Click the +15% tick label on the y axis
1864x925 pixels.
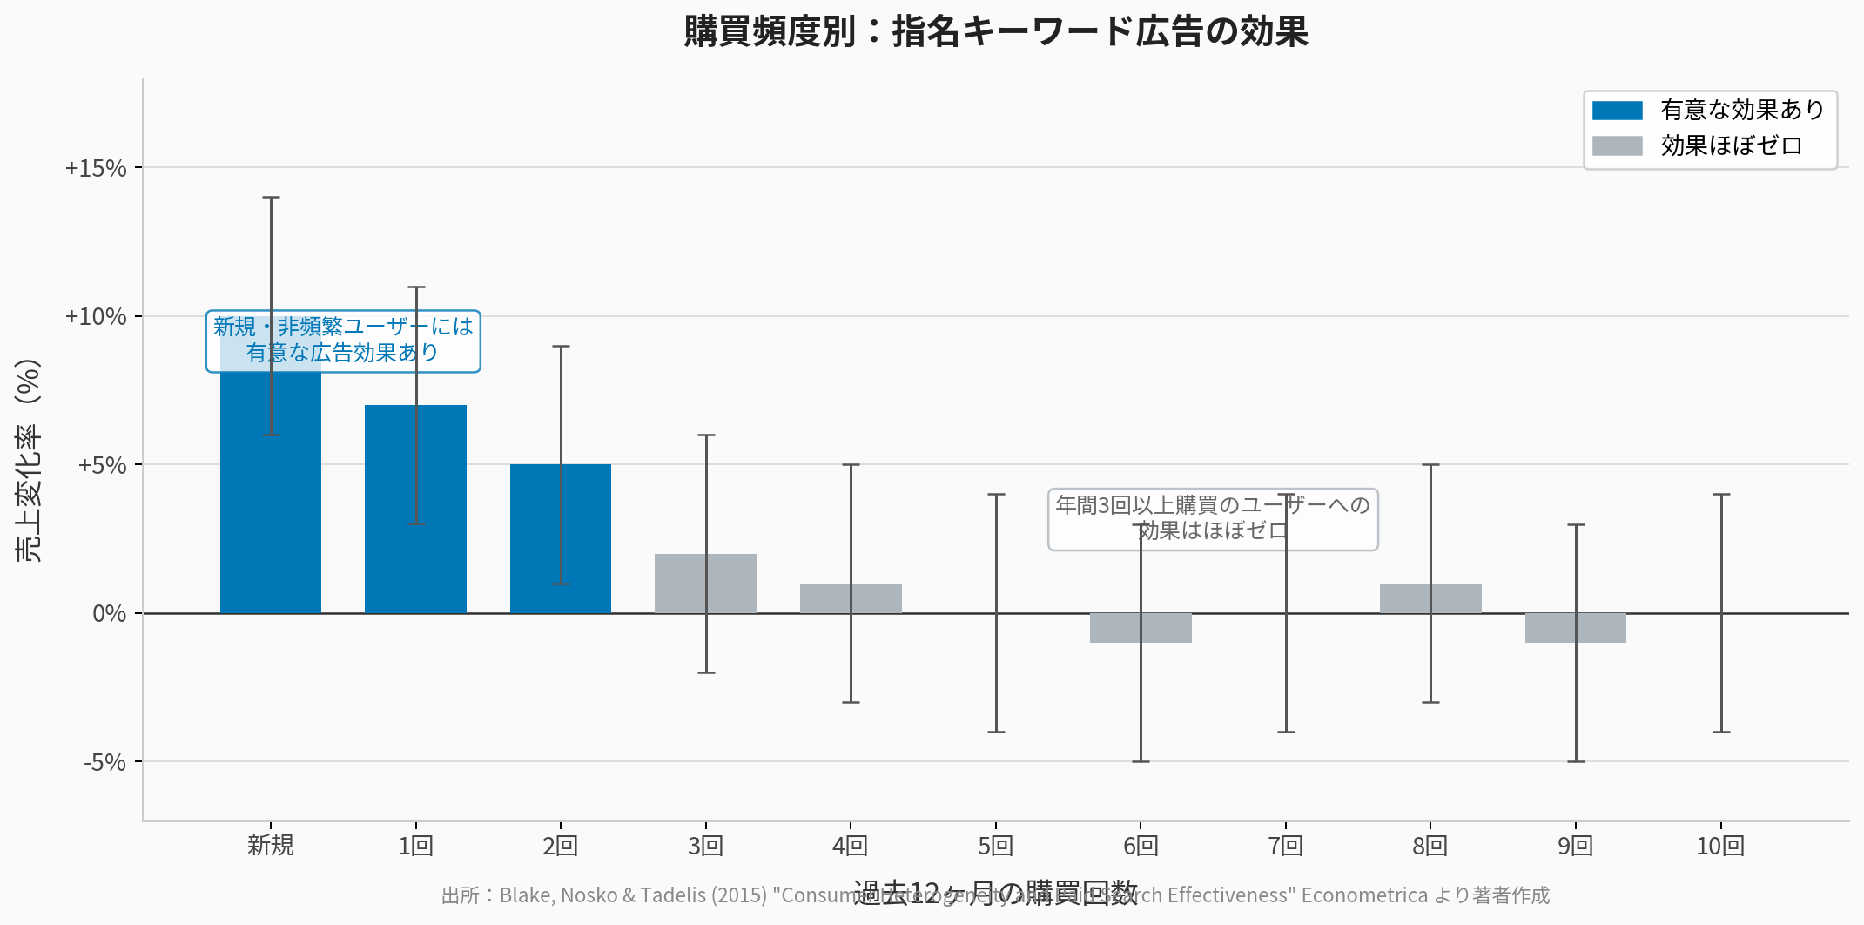coord(96,168)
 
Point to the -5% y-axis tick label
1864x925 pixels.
coord(105,763)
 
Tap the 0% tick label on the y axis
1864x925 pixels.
coord(110,614)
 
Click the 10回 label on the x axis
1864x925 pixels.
coord(1719,846)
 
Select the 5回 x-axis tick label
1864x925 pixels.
coord(995,846)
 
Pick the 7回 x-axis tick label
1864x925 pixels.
coord(1285,846)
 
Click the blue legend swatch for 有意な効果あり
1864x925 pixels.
coord(1617,111)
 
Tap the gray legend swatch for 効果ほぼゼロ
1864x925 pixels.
coord(1617,145)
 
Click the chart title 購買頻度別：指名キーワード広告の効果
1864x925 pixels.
coord(995,31)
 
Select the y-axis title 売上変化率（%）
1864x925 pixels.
coord(28,460)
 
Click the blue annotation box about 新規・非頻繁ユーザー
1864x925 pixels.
coord(343,341)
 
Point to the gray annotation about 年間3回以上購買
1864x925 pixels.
coord(1213,519)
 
